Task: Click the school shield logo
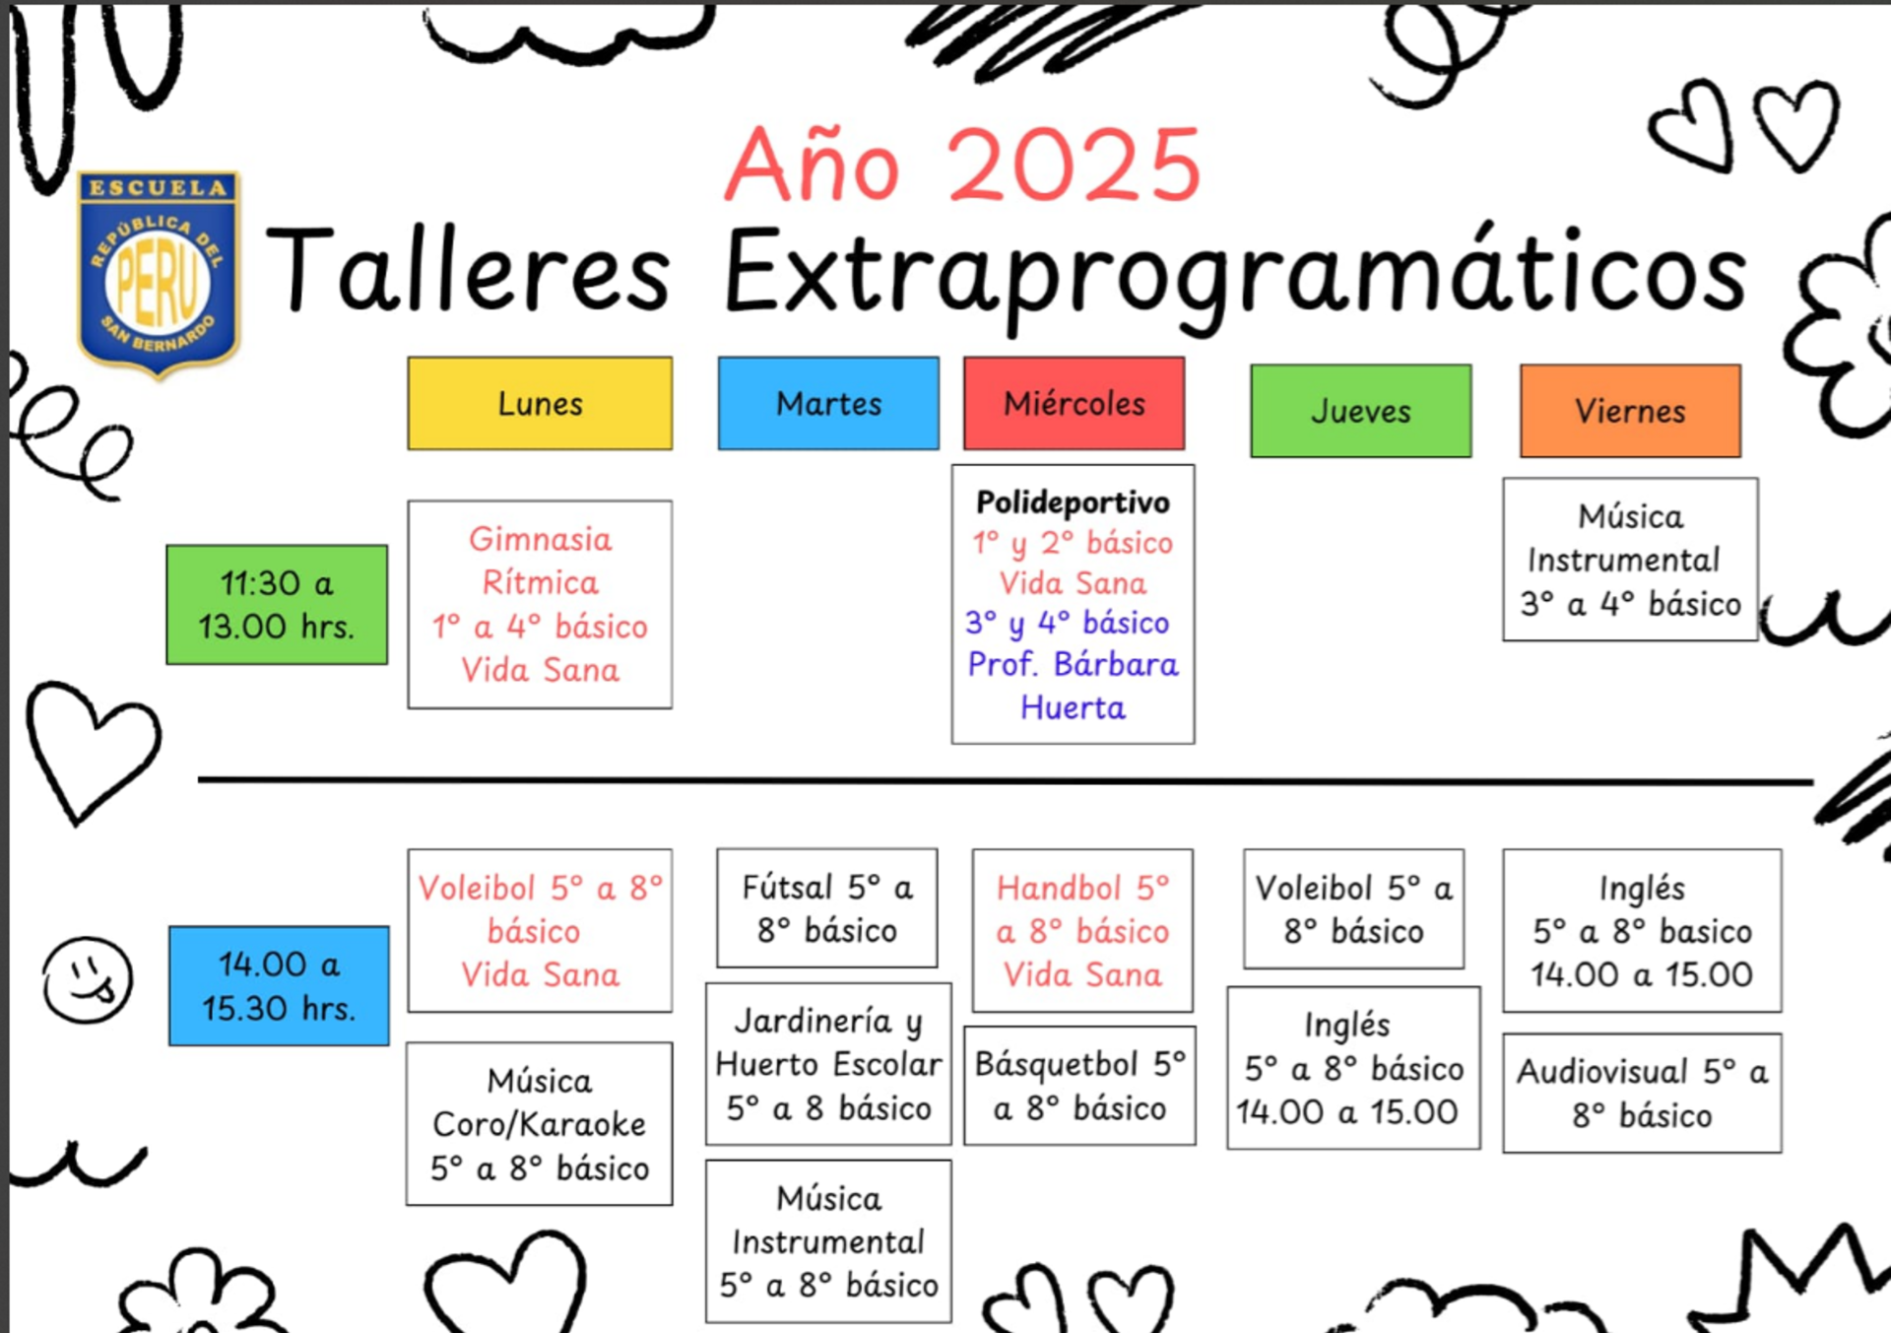(159, 273)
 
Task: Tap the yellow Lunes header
(540, 403)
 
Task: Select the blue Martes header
(828, 403)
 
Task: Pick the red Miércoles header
(1074, 403)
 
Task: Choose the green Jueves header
(1361, 411)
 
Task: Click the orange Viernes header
(1630, 411)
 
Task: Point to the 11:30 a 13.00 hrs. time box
(277, 604)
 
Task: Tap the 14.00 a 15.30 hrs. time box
(279, 985)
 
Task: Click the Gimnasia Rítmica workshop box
(540, 604)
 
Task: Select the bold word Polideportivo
(1073, 502)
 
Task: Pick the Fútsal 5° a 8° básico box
(827, 907)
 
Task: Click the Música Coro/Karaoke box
(540, 1123)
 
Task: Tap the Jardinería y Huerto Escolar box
(828, 1063)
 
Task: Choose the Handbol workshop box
(1082, 930)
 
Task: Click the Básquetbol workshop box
(1079, 1085)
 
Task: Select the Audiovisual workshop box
(1642, 1093)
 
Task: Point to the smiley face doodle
(87, 979)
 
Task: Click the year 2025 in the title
(1075, 165)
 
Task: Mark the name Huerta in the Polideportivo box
(1073, 707)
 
